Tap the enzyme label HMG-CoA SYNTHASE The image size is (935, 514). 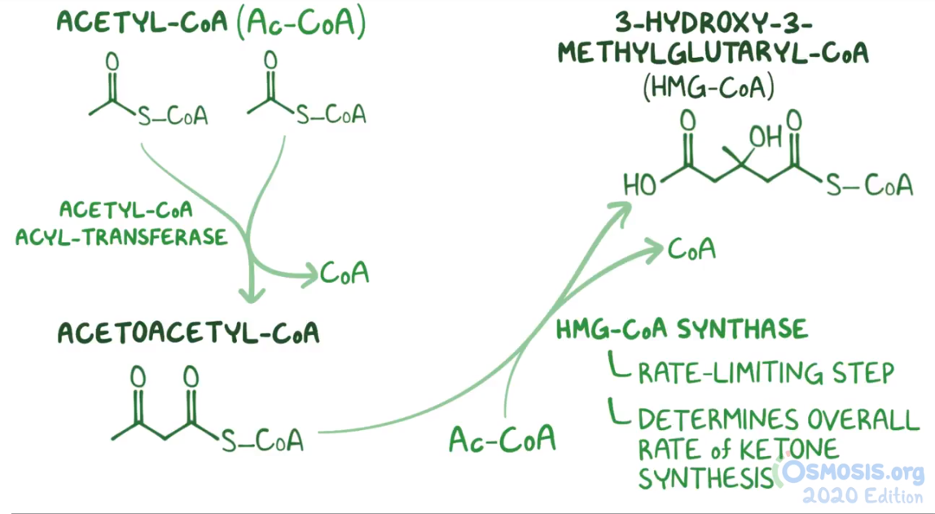pyautogui.click(x=682, y=329)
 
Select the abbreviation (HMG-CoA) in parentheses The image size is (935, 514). pyautogui.click(x=708, y=88)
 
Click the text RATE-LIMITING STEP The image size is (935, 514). pyautogui.click(x=766, y=373)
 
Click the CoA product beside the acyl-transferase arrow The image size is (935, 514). pyautogui.click(x=345, y=273)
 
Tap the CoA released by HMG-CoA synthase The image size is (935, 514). pyautogui.click(x=691, y=249)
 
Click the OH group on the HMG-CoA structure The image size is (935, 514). pyautogui.click(x=765, y=137)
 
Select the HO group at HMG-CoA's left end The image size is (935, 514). pyautogui.click(x=640, y=186)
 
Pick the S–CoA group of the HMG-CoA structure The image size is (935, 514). pyautogui.click(x=869, y=187)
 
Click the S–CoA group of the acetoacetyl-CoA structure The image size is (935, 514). pyautogui.click(x=262, y=441)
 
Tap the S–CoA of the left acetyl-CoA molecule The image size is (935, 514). pyautogui.click(x=173, y=116)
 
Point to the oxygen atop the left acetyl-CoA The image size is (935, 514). pyautogui.click(x=112, y=61)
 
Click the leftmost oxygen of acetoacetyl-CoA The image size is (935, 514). pyautogui.click(x=138, y=377)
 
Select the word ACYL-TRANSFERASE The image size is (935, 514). pyautogui.click(x=121, y=237)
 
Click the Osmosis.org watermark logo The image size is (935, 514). pyautogui.click(x=852, y=472)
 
